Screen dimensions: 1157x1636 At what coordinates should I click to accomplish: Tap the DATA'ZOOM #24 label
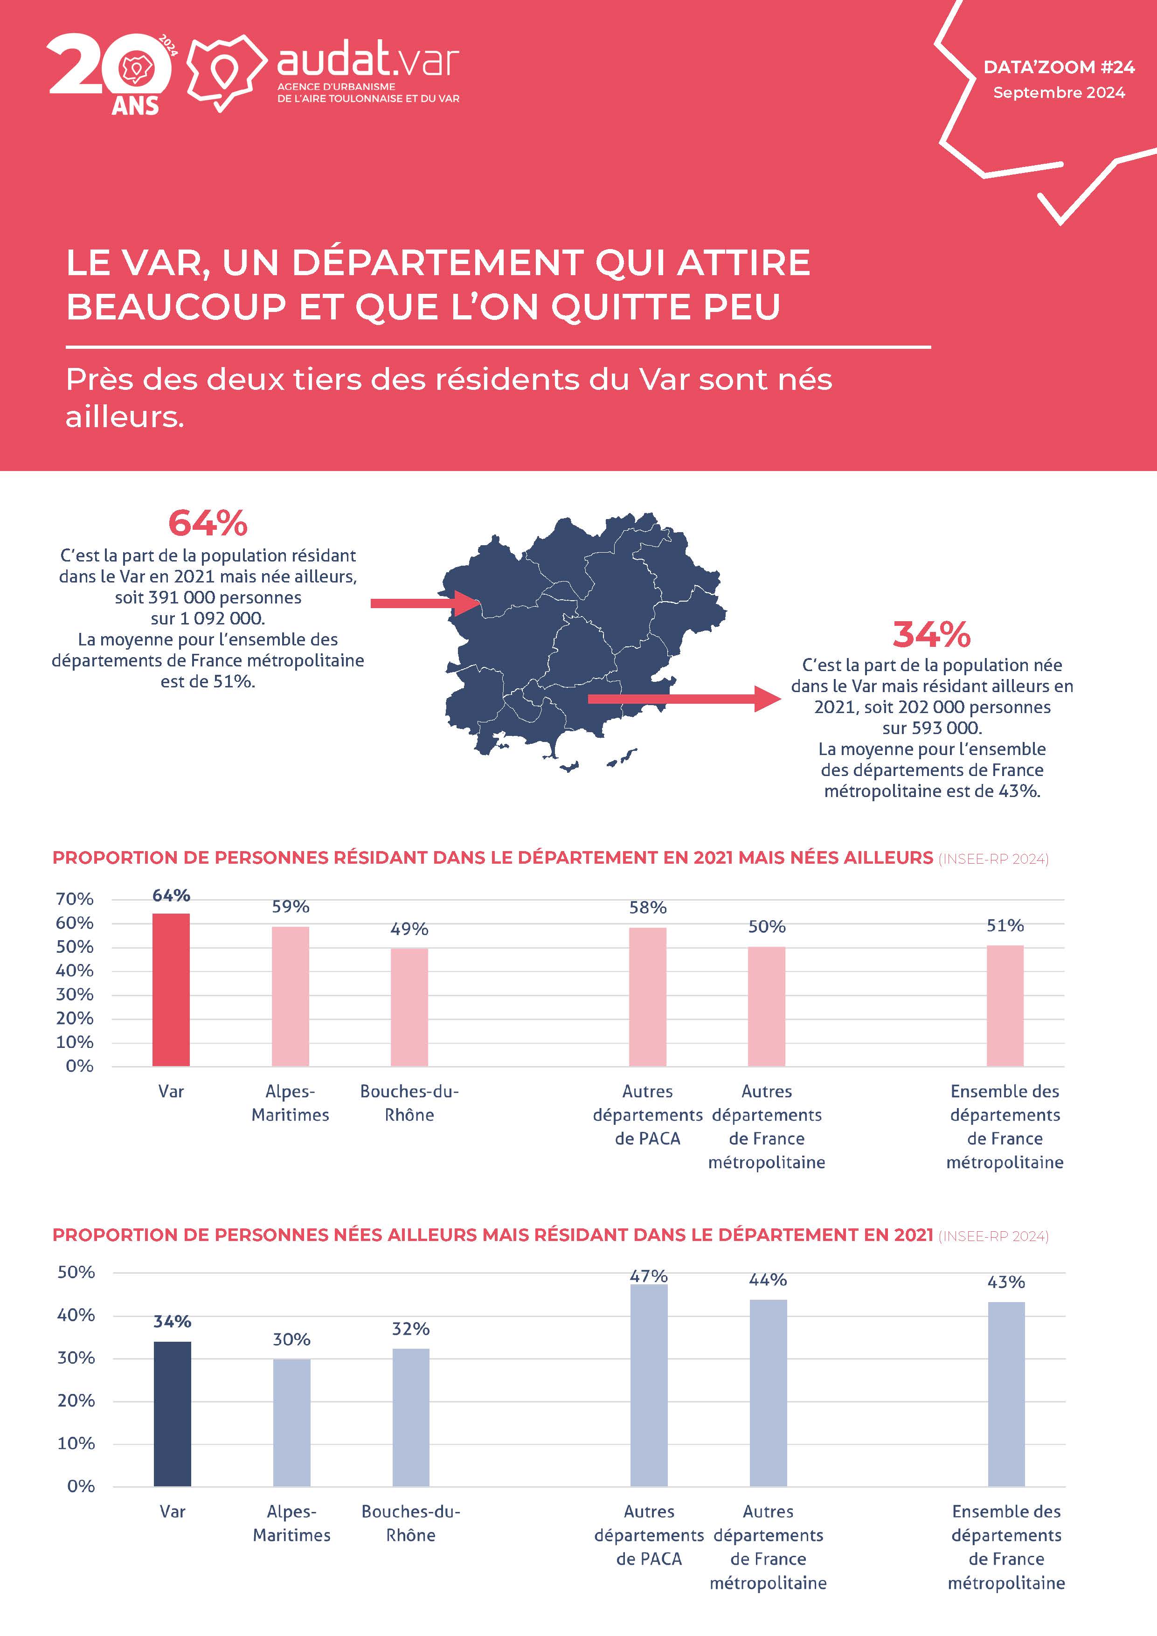1059,67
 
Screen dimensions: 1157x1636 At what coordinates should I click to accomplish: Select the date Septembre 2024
1059,93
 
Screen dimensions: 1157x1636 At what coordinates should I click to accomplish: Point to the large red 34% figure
931,634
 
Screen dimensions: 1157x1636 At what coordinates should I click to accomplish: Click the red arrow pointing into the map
425,603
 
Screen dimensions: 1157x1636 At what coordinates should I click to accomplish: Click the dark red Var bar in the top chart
171,990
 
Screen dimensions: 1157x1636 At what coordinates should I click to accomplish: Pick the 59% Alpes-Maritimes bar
290,996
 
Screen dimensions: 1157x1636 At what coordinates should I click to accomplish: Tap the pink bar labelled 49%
409,1007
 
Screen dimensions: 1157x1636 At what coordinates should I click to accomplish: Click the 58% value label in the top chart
648,908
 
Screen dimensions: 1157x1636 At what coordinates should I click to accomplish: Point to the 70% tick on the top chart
75,899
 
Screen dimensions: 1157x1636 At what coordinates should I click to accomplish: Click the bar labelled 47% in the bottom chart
649,1386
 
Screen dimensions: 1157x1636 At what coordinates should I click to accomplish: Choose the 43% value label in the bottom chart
1006,1282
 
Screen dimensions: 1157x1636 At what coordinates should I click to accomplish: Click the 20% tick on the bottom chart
76,1401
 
